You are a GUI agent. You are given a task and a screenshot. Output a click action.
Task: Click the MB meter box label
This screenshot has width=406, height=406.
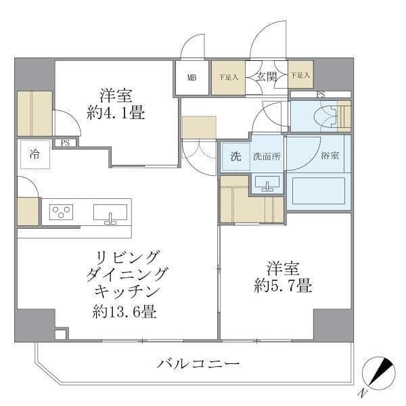pyautogui.click(x=192, y=77)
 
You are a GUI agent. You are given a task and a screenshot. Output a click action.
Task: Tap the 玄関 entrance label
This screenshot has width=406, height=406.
pyautogui.click(x=266, y=76)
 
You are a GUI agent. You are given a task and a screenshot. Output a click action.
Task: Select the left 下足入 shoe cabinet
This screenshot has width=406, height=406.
pyautogui.click(x=228, y=77)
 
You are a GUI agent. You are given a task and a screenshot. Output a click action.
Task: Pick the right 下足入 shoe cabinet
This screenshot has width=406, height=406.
pyautogui.click(x=300, y=76)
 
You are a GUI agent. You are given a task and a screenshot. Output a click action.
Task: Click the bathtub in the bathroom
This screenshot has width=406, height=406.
pyautogui.click(x=317, y=191)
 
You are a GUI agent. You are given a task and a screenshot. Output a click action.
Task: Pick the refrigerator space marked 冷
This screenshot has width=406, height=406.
pyautogui.click(x=34, y=154)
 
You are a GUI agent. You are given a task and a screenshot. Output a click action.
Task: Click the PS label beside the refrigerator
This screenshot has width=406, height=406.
pyautogui.click(x=66, y=143)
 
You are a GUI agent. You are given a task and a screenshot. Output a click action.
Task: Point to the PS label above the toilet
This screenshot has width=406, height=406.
pyautogui.click(x=320, y=95)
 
